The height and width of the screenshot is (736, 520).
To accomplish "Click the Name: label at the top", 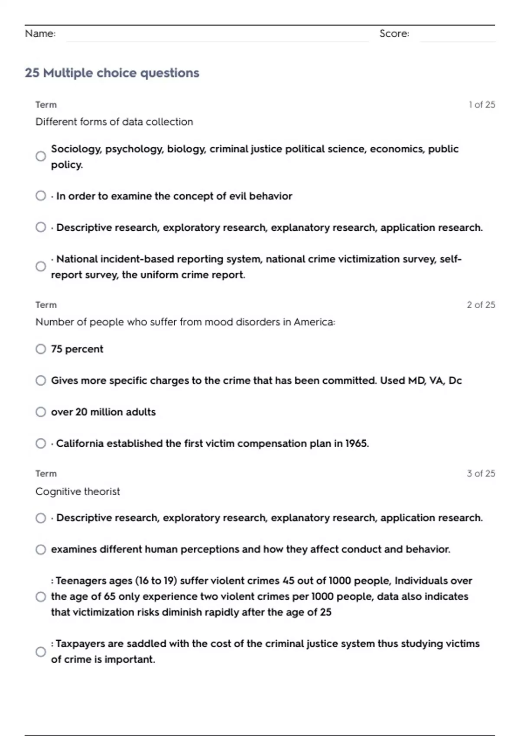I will (40, 33).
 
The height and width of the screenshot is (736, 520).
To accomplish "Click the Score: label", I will (394, 33).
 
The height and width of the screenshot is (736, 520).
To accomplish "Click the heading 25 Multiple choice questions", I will (112, 73).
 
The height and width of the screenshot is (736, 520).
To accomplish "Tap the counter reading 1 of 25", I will (481, 105).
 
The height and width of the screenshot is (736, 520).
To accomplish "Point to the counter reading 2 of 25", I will (481, 305).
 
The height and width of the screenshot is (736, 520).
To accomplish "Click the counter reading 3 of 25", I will (481, 474).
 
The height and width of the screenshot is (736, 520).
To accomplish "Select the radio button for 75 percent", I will (41, 349).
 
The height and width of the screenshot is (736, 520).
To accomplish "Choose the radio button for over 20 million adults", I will (41, 412).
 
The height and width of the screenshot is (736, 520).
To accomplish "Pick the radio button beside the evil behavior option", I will (41, 196).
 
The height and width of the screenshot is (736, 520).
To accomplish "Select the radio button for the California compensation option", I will (41, 443).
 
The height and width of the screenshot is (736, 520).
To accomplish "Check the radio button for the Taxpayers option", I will (41, 652).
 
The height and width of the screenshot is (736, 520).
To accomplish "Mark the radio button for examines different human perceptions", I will (41, 549).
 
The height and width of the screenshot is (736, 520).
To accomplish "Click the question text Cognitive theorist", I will (78, 491).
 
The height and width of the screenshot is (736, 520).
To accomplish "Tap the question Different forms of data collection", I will (114, 122).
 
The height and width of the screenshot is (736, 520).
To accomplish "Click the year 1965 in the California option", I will (356, 443).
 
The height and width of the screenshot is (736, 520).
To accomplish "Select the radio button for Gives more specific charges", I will (41, 381).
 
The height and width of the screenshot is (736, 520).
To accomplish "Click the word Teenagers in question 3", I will (81, 581).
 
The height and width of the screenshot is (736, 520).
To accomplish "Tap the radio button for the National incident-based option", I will (41, 266).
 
